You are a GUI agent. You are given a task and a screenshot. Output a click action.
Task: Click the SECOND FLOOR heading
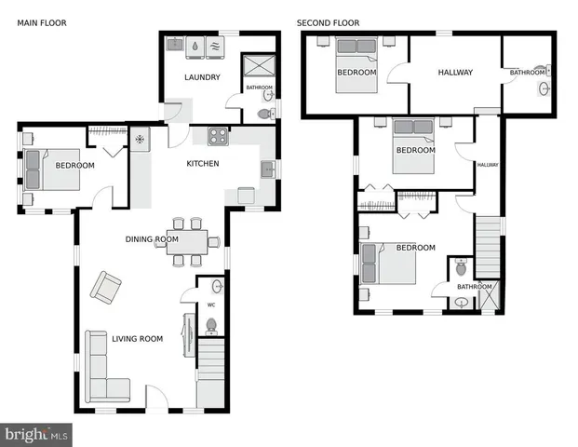coord(329,22)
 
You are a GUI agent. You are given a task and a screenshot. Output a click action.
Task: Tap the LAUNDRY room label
coord(202,77)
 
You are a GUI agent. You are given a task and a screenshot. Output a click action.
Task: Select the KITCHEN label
coord(202,164)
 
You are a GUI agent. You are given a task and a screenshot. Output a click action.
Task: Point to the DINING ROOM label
coord(152,239)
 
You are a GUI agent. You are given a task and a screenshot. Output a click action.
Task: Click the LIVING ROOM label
coord(137,339)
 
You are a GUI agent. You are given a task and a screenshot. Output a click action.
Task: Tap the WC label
coord(211,305)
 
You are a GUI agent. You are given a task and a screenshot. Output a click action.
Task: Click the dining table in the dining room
coord(186,242)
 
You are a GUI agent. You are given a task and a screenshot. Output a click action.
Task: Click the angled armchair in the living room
coord(104,286)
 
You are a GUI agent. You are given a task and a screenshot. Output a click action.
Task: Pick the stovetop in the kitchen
coord(219,137)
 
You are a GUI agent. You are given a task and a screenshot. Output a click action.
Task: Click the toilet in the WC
coord(211,325)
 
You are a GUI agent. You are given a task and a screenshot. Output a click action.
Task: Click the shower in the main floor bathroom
coord(256,67)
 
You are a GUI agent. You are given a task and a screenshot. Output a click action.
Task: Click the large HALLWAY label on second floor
coord(455,73)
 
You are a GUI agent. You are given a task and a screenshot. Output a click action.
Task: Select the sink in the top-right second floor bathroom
coord(544,88)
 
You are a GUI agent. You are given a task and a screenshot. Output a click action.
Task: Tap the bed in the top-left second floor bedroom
coord(356,63)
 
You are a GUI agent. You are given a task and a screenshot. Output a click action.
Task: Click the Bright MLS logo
coord(36,434)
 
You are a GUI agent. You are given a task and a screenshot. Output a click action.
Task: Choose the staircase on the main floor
coord(212,372)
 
